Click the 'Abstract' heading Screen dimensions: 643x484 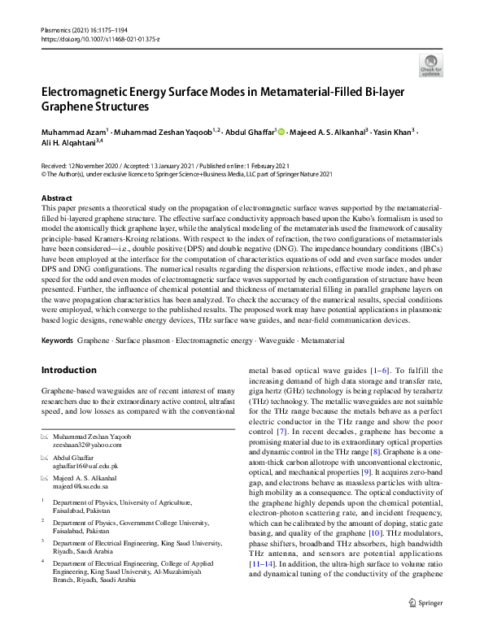point(56,198)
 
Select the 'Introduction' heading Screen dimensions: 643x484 point(68,371)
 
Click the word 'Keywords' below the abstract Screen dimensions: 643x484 point(59,339)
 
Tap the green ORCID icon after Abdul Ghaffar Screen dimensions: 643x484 point(281,132)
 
